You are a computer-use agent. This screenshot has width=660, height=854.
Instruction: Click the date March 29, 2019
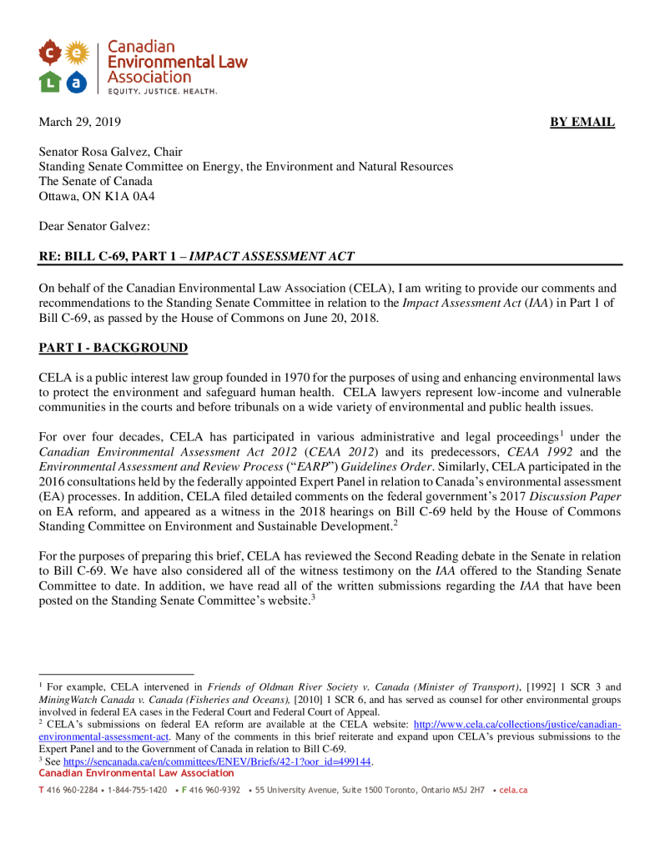(79, 123)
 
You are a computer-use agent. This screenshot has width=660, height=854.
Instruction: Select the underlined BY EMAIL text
(582, 123)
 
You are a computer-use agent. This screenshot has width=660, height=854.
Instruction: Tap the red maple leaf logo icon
(51, 53)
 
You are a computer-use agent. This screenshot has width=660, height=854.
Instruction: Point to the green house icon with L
(51, 82)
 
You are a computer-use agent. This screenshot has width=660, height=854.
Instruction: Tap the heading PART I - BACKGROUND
(113, 348)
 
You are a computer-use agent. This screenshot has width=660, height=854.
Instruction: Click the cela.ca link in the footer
(513, 790)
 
